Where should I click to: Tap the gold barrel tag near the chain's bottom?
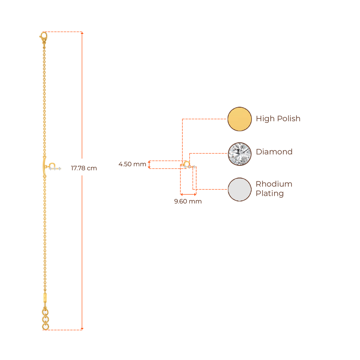click(45, 297)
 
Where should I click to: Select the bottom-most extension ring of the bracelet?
click(45, 327)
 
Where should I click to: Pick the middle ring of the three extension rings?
click(45, 319)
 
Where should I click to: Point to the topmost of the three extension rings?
click(45, 311)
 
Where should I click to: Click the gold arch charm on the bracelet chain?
click(52, 165)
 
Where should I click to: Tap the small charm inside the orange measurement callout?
click(187, 164)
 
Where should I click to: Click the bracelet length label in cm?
click(84, 168)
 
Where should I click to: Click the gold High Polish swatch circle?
click(239, 119)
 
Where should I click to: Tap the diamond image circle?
click(239, 153)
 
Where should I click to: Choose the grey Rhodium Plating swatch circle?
click(239, 189)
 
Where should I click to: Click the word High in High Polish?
click(265, 118)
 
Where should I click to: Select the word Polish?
click(289, 118)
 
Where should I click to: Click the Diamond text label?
click(274, 152)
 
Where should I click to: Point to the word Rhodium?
click(274, 184)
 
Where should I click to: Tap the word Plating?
click(270, 194)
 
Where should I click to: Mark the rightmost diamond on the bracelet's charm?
click(60, 169)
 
